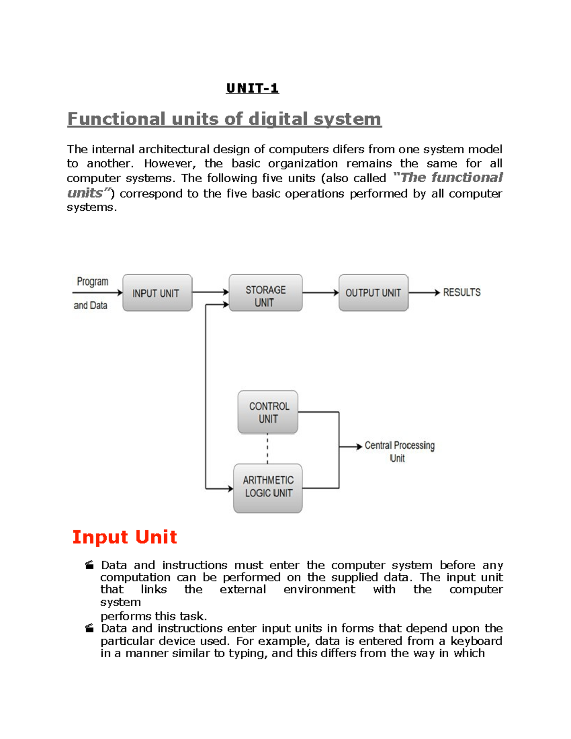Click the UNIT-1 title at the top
click(252, 89)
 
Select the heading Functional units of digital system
click(224, 118)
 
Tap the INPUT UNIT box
click(157, 293)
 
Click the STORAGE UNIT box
click(266, 293)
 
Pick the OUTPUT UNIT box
click(374, 293)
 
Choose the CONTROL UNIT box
click(268, 412)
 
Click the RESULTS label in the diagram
click(462, 292)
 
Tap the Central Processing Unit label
click(399, 451)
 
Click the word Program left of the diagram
click(92, 281)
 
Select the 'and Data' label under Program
click(90, 305)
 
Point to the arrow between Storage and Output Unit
click(320, 293)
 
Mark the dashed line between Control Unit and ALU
click(267, 448)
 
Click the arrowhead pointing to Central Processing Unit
click(359, 446)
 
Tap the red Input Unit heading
click(125, 537)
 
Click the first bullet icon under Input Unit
click(89, 565)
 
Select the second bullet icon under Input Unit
click(89, 629)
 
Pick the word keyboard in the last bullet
click(476, 641)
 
